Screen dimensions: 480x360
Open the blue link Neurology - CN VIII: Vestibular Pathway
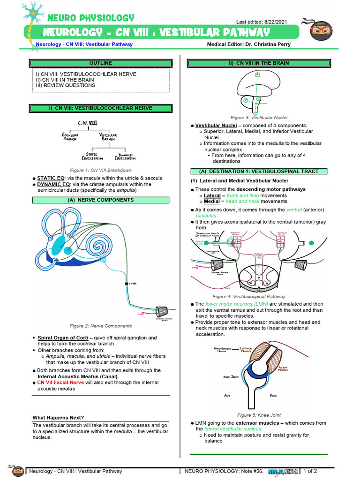coord(84,45)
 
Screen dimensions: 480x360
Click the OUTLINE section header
coord(101,63)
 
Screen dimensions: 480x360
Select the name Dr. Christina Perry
coord(269,45)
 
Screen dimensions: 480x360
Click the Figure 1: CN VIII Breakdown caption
coord(101,170)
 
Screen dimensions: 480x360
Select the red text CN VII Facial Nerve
coord(60,382)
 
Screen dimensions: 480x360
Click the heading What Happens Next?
coord(58,418)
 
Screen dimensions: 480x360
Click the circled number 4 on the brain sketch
coord(257,75)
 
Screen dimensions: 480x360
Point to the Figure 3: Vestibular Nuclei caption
coord(259,118)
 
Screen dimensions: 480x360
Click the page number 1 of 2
coord(310,471)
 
